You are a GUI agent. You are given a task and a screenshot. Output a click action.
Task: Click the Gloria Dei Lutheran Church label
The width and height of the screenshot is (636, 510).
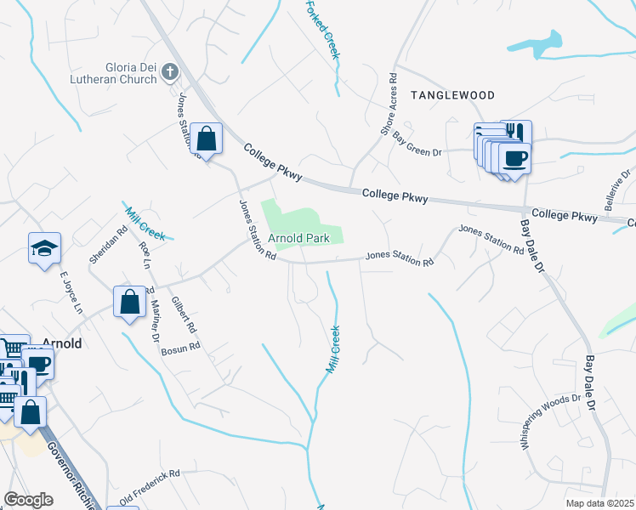click(x=114, y=72)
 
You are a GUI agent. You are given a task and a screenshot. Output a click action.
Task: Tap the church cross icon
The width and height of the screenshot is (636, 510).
click(x=170, y=72)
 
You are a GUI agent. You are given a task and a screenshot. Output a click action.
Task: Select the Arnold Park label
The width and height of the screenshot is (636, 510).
click(x=298, y=239)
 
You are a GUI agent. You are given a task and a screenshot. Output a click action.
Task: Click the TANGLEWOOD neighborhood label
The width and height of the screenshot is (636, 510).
click(x=452, y=96)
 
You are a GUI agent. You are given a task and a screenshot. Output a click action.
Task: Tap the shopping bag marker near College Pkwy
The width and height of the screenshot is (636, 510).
click(x=206, y=137)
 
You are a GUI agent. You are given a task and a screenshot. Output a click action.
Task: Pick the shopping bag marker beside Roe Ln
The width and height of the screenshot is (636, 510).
click(x=129, y=301)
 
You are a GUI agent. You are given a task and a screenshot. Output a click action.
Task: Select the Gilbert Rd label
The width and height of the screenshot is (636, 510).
click(x=182, y=314)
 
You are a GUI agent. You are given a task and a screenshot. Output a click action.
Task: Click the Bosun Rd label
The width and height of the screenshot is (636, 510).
click(x=180, y=347)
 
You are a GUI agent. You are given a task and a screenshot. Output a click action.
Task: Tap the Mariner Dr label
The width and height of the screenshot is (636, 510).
click(x=155, y=319)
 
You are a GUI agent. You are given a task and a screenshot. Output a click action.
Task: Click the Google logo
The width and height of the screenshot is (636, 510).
click(x=29, y=500)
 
